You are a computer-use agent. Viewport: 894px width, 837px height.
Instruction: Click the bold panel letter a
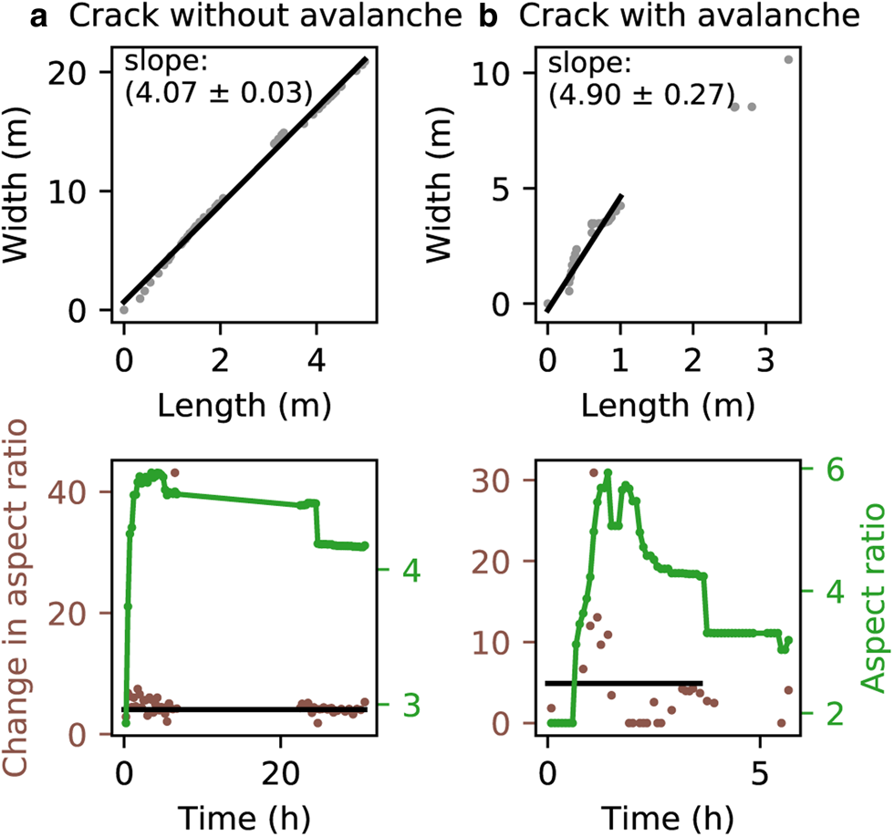tap(38, 17)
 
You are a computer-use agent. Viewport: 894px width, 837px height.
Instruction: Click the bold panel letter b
tap(488, 15)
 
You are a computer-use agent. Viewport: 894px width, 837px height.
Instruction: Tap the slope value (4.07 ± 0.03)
tap(220, 93)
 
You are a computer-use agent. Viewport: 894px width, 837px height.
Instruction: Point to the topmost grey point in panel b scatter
tap(788, 59)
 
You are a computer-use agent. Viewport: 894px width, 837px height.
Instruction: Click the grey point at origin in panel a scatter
tap(124, 309)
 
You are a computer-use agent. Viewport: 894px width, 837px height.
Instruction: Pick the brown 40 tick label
tap(66, 491)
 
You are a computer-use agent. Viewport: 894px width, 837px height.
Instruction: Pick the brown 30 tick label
tap(491, 480)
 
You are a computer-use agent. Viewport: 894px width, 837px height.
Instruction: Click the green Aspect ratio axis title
tap(872, 598)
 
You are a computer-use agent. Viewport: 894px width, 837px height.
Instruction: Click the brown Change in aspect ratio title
tap(16, 598)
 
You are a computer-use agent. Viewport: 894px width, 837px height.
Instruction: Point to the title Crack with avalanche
tap(690, 15)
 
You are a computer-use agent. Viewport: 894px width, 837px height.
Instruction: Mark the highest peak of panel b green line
tap(608, 471)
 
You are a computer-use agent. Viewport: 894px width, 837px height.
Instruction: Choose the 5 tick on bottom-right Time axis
tap(760, 773)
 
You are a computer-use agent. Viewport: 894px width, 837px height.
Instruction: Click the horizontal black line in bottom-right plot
tap(624, 683)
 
